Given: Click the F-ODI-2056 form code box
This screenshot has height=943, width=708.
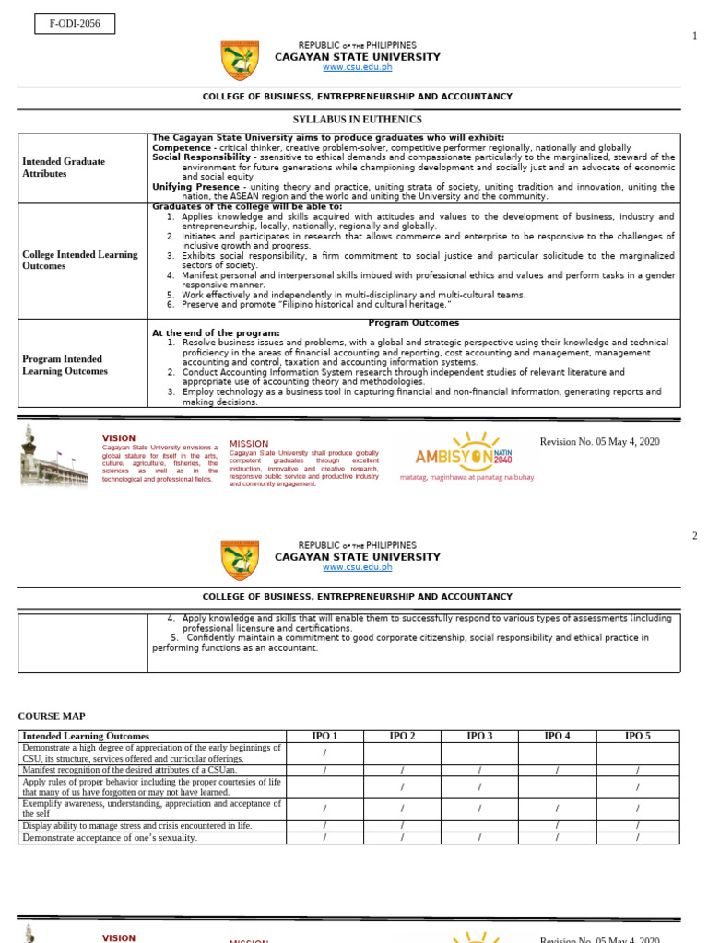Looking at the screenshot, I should click(x=75, y=24).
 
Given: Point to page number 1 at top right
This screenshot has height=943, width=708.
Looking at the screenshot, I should click(x=694, y=36).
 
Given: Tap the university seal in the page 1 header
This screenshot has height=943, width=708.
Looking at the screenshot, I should click(x=240, y=60).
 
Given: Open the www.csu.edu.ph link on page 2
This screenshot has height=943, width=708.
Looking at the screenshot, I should click(x=357, y=567).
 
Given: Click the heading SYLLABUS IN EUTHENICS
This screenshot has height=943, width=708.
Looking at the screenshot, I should click(x=357, y=120).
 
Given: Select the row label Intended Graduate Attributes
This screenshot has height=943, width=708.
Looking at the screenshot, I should click(x=64, y=168).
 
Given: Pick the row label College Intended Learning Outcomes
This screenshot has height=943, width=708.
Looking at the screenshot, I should click(x=80, y=261).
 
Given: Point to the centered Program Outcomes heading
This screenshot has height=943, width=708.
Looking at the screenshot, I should click(x=413, y=323).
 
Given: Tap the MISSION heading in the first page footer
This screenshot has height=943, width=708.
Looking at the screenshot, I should click(x=248, y=444).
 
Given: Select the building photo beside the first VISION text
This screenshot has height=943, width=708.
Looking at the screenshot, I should click(x=54, y=457).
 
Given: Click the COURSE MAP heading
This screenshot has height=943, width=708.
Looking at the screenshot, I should click(x=52, y=716).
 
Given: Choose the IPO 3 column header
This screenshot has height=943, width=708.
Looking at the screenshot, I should click(x=479, y=736).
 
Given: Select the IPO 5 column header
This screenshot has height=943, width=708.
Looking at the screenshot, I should click(x=637, y=736).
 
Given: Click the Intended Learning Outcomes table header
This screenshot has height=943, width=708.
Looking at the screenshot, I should click(x=86, y=736).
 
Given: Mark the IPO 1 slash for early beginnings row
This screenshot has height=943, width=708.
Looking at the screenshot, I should click(x=324, y=753).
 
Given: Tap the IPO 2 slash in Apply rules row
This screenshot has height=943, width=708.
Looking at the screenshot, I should click(x=402, y=786).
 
